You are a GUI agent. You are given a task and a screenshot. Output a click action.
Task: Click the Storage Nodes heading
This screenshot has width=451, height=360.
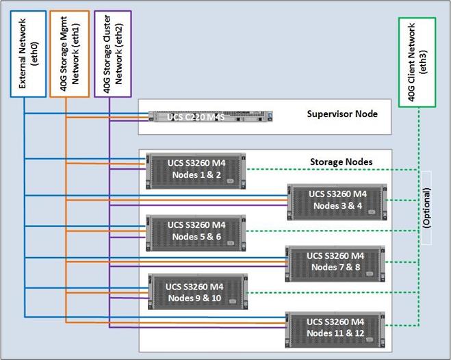click(341, 162)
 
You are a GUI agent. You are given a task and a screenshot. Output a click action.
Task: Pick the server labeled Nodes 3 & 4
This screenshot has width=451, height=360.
click(337, 201)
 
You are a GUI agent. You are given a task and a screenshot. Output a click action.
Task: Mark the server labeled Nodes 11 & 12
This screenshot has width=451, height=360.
click(336, 326)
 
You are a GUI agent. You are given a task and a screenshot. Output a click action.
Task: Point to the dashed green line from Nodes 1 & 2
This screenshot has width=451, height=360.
click(328, 169)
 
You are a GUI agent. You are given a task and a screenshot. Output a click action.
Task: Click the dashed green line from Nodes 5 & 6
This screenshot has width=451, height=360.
click(328, 231)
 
